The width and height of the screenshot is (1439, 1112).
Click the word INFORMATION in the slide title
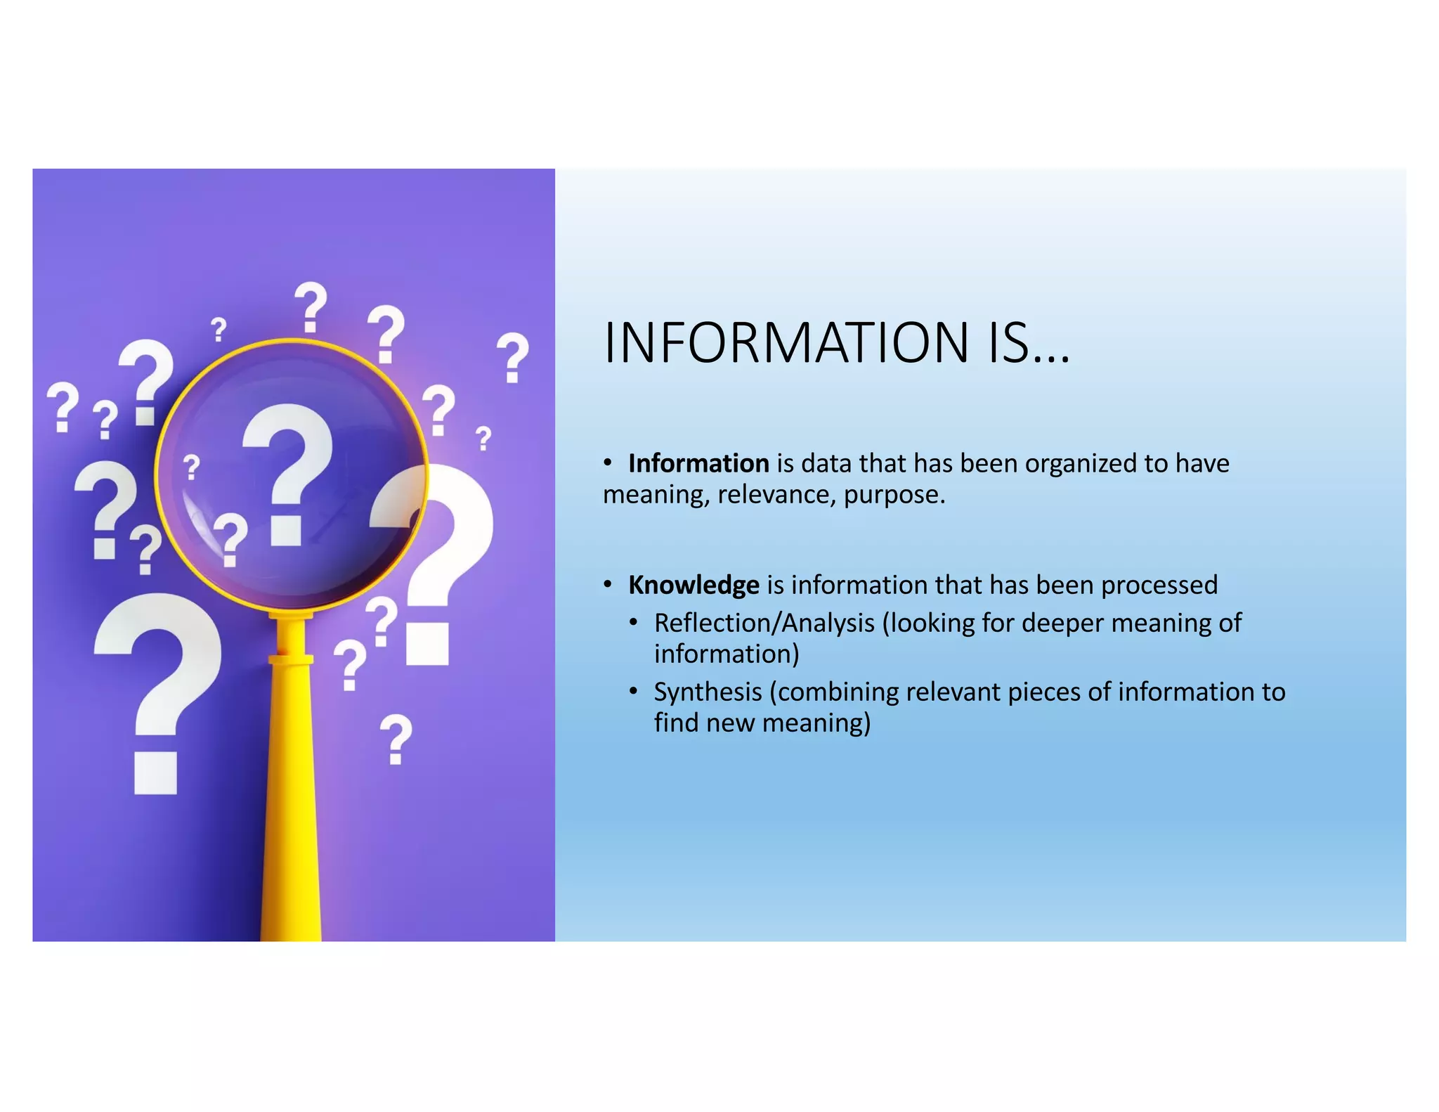coord(786,343)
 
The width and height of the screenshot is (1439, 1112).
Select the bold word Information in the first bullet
coord(698,464)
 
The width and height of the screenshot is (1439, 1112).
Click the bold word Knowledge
coord(694,586)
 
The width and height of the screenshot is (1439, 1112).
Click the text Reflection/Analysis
coord(764,623)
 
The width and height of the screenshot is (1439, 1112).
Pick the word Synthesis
coord(708,692)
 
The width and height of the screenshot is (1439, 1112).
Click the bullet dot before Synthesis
coord(634,692)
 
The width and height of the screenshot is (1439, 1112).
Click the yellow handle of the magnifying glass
coord(291,808)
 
